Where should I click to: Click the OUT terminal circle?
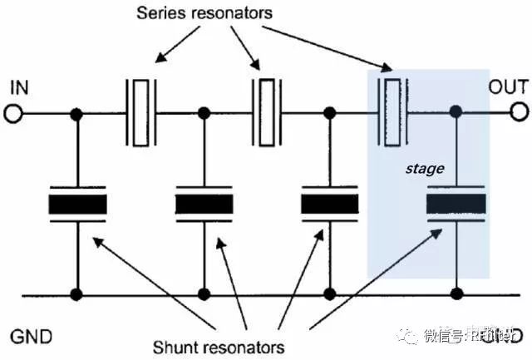[520, 111]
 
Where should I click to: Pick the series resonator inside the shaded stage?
[392, 111]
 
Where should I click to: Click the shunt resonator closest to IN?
[77, 205]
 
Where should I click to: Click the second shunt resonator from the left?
[204, 205]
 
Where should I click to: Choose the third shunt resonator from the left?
[329, 205]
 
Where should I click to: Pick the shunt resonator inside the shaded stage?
[455, 205]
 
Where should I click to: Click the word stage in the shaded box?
[425, 169]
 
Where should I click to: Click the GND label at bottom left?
[32, 336]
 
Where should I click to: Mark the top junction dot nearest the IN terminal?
[77, 113]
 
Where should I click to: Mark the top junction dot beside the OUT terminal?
[455, 111]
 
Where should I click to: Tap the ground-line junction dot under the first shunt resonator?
[77, 293]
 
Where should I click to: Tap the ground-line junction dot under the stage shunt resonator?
[455, 293]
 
